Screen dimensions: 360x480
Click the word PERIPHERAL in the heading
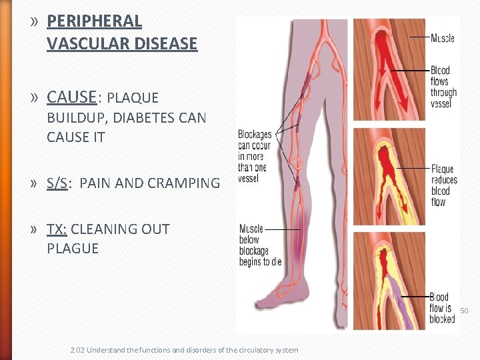94,21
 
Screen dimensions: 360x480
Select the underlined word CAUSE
71,97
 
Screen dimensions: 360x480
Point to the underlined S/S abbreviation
58,183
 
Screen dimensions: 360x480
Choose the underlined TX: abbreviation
57,229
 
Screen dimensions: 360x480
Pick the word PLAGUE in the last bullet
73,249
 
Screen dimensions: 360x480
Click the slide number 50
464,311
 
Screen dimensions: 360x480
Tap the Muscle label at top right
442,38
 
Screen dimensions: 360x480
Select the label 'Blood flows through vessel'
443,87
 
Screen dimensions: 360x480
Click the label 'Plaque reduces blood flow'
445,185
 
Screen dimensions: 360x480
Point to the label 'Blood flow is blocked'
442,308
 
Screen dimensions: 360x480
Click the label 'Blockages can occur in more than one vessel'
255,156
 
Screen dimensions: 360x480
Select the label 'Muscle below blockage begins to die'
259,245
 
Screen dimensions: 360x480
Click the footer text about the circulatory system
184,350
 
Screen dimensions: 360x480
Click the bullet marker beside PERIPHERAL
33,21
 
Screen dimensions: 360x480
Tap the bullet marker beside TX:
33,230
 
